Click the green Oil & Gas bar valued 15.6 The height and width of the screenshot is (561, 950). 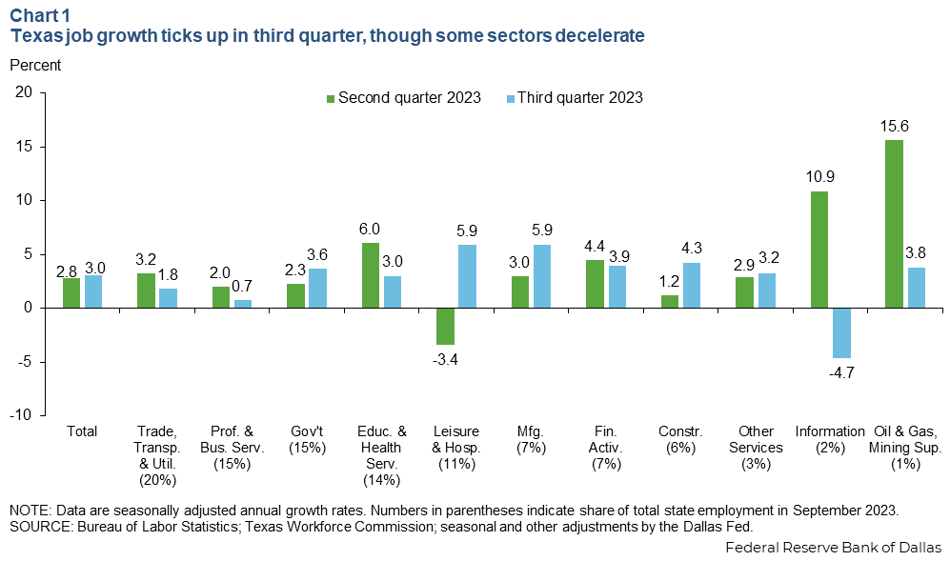[x=895, y=224]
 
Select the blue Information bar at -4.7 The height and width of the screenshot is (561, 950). [x=842, y=332]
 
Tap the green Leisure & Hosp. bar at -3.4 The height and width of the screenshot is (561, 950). [x=445, y=326]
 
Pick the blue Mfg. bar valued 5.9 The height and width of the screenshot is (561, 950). [x=541, y=276]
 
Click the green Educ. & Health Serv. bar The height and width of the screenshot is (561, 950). [x=371, y=275]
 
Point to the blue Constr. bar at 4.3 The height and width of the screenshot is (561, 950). [x=691, y=285]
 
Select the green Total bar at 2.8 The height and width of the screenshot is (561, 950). [x=71, y=292]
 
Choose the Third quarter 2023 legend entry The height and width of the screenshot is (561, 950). [x=578, y=98]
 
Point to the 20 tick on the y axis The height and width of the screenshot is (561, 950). [x=24, y=92]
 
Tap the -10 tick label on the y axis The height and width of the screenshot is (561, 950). [x=21, y=416]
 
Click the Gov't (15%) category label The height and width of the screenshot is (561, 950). [x=306, y=439]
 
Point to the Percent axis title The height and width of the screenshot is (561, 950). [x=34, y=66]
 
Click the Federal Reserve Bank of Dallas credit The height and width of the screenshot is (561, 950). [x=833, y=548]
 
